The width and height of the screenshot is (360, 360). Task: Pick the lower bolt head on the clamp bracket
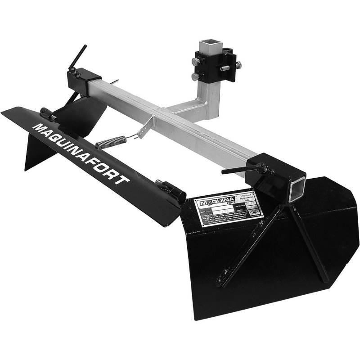(x=195, y=77)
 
